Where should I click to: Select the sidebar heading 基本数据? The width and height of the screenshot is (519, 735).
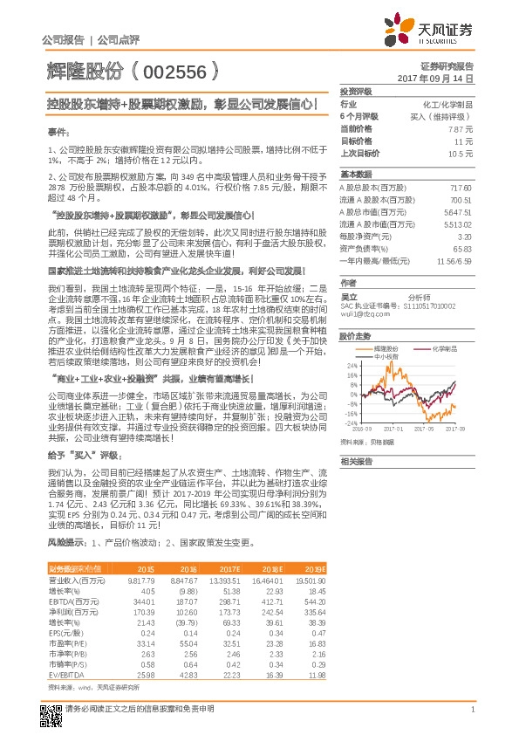[357, 174]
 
